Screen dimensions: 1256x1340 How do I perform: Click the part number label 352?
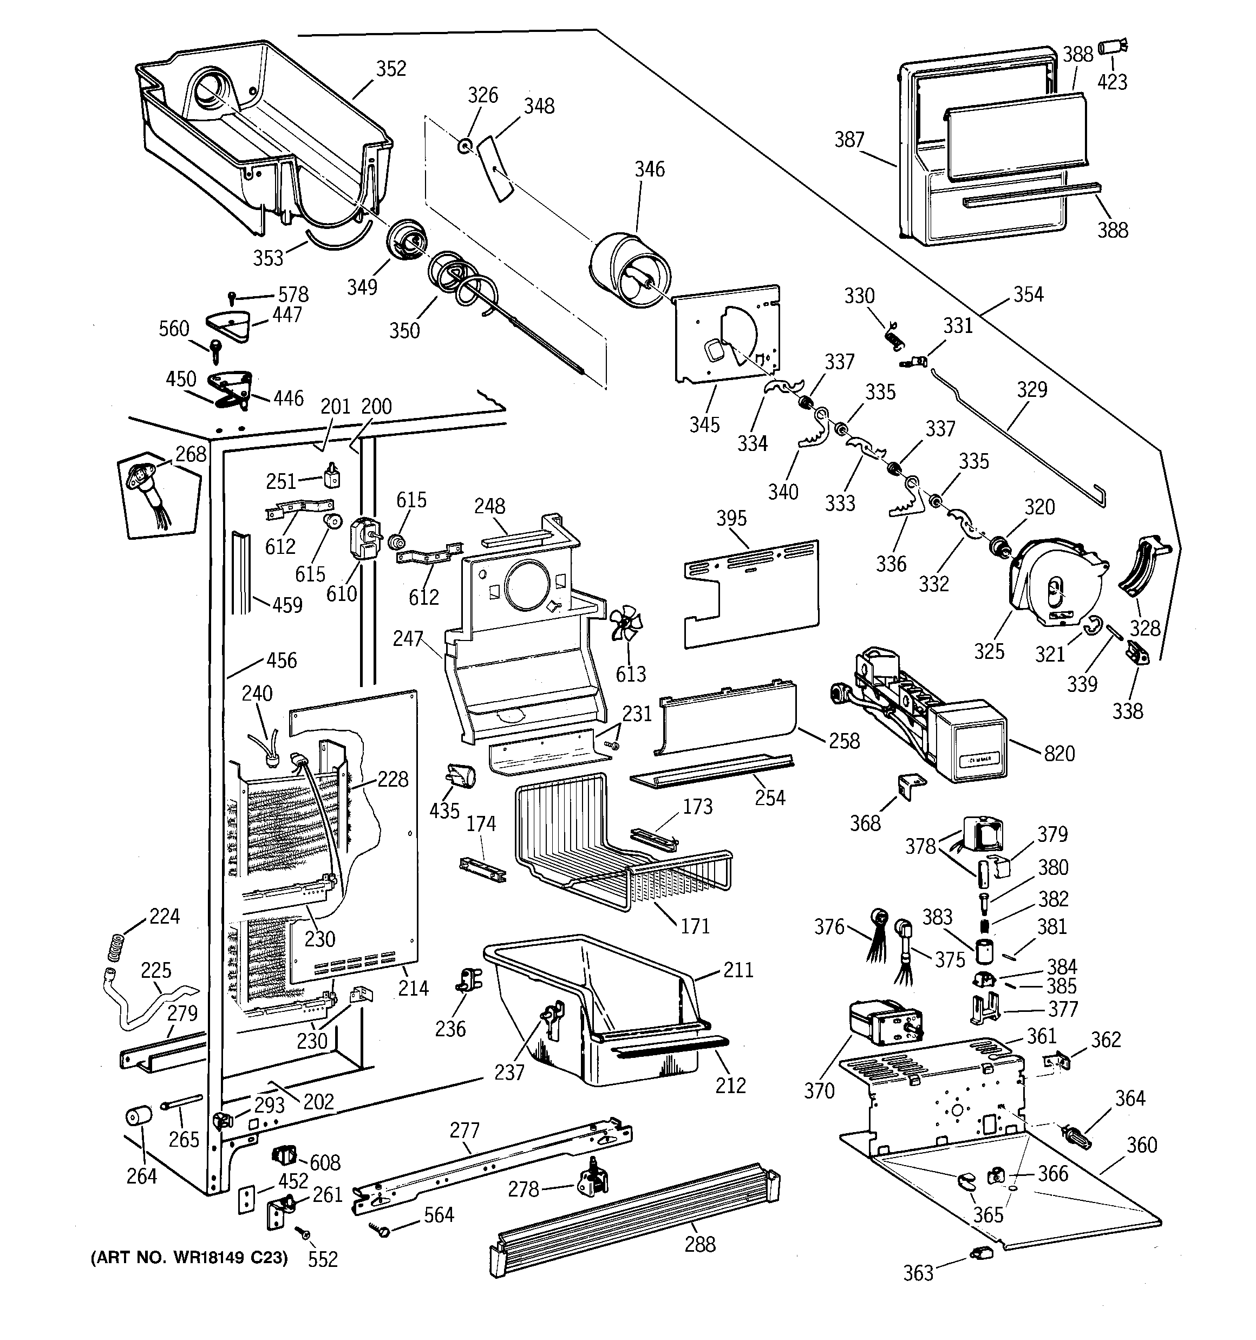(x=391, y=68)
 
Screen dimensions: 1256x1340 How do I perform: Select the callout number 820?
(x=1059, y=753)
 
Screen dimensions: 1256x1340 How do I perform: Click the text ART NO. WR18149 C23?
(x=189, y=1258)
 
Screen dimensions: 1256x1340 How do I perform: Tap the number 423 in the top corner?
(x=1113, y=82)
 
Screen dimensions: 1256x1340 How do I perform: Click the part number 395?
(x=731, y=518)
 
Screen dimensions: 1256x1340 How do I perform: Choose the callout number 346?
(x=649, y=168)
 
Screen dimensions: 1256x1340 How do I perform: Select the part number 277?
(x=465, y=1130)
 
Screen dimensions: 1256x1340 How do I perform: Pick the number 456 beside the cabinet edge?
(x=282, y=660)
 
